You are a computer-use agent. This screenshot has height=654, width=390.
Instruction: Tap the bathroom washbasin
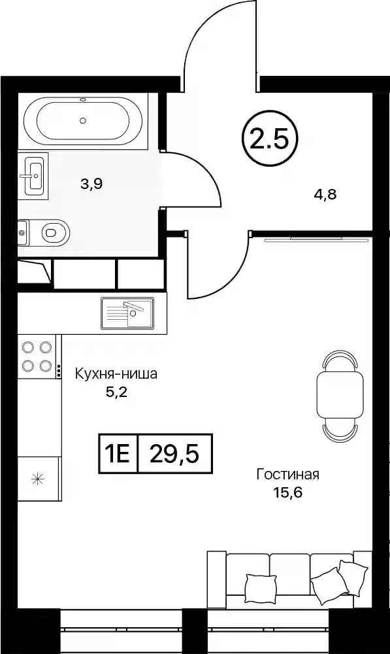(34, 175)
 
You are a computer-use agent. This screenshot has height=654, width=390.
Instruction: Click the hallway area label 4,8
(325, 194)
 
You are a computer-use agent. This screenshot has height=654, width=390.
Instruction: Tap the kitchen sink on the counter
(127, 313)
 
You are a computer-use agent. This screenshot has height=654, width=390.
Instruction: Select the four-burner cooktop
(37, 356)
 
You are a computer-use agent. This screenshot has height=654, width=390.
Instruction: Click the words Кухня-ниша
(116, 373)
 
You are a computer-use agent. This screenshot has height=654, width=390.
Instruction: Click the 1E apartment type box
(118, 454)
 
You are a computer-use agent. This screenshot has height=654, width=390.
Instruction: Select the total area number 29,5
(174, 454)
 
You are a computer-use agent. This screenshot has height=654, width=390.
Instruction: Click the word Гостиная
(287, 475)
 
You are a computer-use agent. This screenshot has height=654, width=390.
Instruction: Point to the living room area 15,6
(287, 493)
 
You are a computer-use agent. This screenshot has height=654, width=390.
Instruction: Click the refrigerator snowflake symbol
(37, 479)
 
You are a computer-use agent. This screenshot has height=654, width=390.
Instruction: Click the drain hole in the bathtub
(83, 120)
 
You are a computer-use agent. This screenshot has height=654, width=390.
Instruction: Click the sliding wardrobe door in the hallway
(317, 239)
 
